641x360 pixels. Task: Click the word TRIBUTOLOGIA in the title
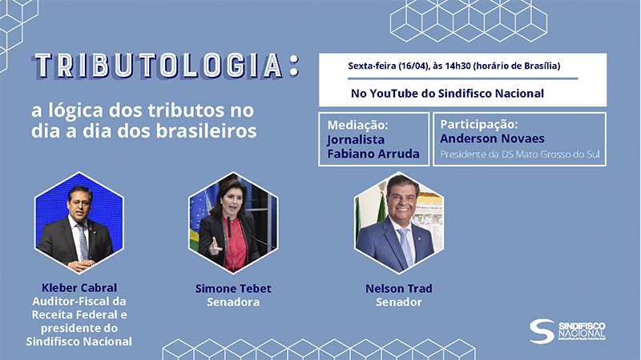(159, 66)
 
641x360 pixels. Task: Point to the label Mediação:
(357, 125)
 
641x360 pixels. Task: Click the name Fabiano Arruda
(373, 154)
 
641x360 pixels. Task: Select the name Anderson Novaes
(492, 138)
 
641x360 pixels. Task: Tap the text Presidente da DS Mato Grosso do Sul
(519, 154)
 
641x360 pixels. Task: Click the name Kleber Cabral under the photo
(79, 288)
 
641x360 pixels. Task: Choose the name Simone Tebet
(233, 289)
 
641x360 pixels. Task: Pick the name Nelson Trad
(398, 289)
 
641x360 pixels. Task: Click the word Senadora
(233, 302)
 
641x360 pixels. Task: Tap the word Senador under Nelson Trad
(398, 302)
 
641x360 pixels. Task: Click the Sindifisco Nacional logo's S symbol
(542, 331)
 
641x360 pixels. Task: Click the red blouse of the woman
(236, 244)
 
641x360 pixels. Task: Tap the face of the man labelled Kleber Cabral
(79, 204)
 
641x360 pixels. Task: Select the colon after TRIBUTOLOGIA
(293, 66)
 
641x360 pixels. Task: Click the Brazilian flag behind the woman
(200, 221)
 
